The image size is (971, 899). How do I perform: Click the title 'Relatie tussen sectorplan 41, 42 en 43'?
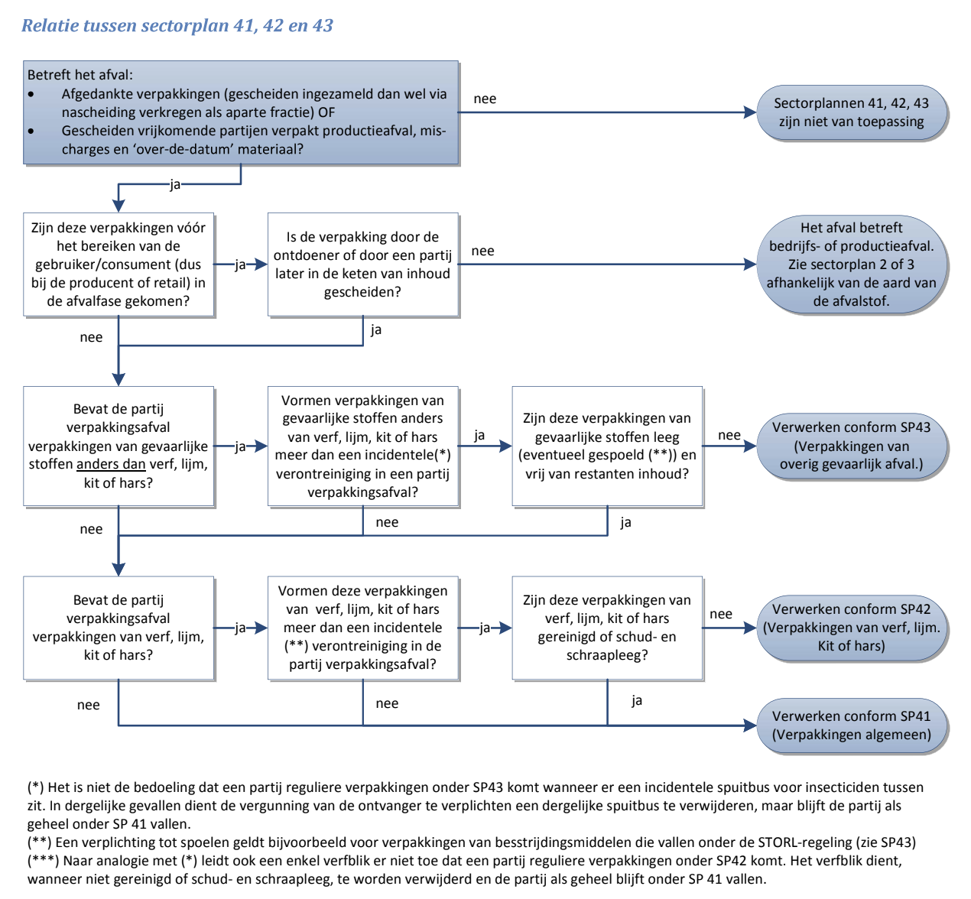(177, 25)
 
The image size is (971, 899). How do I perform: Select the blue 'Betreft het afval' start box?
(241, 112)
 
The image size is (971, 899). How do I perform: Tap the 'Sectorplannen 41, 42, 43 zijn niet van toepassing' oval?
(851, 112)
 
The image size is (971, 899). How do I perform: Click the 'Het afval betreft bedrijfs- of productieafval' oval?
(851, 264)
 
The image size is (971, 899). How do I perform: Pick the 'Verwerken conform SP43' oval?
(851, 446)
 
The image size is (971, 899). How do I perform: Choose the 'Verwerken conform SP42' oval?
(851, 628)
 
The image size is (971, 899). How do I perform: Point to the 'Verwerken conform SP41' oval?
(851, 725)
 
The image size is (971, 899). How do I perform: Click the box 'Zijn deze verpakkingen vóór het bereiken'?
(119, 264)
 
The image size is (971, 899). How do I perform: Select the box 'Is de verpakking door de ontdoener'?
(362, 264)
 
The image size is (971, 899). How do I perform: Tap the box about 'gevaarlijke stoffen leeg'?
(606, 446)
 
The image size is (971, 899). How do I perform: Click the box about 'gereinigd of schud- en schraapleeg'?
(606, 628)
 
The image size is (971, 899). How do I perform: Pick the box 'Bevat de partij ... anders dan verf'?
(119, 446)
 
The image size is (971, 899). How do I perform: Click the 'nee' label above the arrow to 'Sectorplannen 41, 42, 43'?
(485, 99)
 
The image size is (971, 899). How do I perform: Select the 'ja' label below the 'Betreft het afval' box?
(175, 184)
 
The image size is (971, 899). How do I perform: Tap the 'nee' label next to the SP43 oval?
(729, 435)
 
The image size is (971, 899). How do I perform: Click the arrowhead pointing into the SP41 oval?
(750, 725)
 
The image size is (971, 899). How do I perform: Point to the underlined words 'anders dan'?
(111, 464)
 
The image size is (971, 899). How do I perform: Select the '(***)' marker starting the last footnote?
(44, 861)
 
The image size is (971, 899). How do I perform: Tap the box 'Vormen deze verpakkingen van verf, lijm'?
(362, 628)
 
